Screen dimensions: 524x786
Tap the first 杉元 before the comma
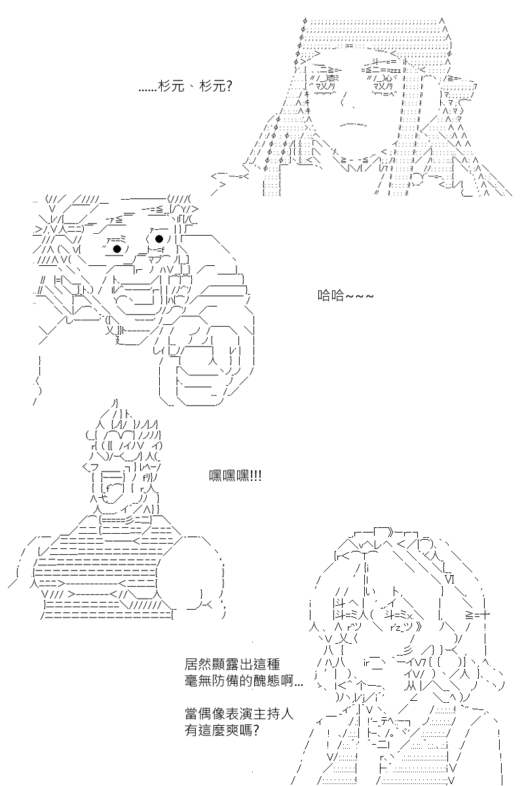171,86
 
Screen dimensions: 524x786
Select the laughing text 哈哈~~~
345,295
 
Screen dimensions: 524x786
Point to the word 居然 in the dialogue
197,664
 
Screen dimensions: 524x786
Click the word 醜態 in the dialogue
267,681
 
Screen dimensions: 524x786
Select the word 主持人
274,714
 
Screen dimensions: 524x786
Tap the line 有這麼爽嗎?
222,730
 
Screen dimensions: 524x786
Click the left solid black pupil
117,249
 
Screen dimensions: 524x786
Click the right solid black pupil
159,239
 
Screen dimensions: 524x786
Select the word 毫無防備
210,681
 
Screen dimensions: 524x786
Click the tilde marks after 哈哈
360,296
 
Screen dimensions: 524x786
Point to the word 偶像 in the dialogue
210,714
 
